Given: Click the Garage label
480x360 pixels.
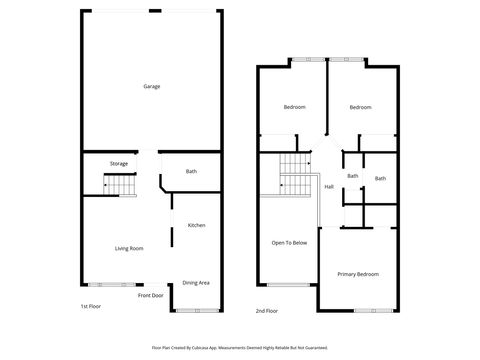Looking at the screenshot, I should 151,86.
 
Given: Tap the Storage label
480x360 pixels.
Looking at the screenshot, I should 119,163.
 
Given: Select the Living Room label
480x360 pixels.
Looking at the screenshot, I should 130,248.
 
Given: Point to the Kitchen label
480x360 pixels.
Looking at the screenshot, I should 197,225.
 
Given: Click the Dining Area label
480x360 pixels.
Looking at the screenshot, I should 196,283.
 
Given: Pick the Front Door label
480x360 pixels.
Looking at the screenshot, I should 151,296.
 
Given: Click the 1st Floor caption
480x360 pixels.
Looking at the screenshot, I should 90,307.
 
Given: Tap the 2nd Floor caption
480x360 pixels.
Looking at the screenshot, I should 265,311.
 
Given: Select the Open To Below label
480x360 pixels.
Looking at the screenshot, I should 289,243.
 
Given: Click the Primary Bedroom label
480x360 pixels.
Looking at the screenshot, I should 357,274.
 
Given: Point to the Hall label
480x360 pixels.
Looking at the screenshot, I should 329,187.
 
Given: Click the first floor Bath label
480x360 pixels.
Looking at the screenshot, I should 191,171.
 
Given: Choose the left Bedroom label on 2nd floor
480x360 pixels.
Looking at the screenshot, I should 294,107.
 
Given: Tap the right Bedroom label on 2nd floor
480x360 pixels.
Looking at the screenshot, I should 360,107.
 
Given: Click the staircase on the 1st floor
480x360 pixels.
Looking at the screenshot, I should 119,185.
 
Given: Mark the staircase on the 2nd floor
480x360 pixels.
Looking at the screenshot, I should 294,176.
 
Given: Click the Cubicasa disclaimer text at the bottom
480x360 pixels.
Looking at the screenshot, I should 240,347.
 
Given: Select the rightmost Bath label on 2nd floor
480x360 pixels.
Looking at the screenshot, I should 380,179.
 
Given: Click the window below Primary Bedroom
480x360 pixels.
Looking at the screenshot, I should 367,310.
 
